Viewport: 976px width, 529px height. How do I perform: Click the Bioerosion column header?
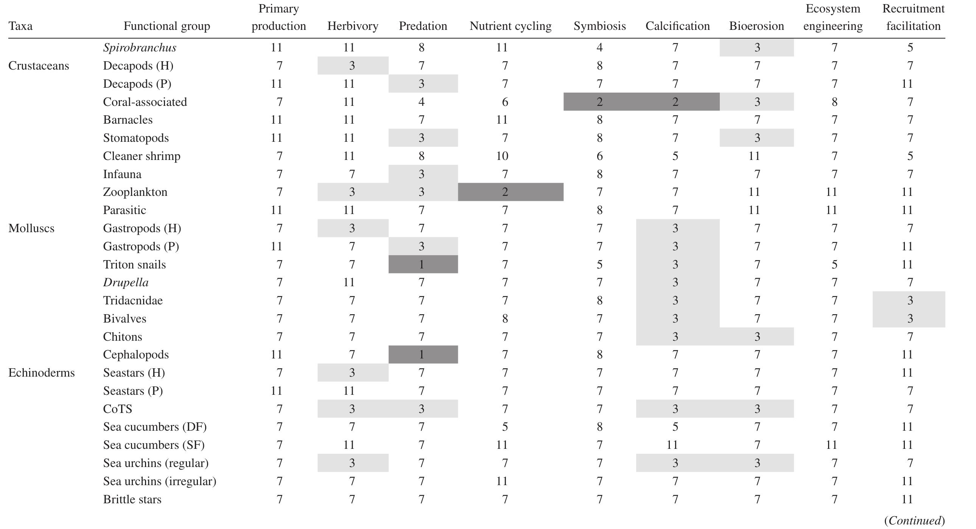756,26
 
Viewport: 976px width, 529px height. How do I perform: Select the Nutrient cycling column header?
511,26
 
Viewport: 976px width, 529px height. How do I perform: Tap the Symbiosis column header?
599,26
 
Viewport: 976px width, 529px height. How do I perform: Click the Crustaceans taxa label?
39,65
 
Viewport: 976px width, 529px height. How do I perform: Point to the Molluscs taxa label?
31,228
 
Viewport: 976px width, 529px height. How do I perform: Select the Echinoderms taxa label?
42,372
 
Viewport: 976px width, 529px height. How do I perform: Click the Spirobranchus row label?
139,47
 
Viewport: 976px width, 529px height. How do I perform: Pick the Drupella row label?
126,282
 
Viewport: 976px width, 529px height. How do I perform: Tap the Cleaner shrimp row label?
142,156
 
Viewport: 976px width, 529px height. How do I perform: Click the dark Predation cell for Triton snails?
423,264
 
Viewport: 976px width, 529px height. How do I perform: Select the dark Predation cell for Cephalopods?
423,354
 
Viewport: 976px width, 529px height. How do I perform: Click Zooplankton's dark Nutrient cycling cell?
511,192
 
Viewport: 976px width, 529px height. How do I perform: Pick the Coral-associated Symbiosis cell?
599,101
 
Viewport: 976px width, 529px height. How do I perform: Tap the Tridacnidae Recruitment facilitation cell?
909,300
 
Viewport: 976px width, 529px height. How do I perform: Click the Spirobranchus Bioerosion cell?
757,47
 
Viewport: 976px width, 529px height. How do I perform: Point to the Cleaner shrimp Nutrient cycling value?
503,156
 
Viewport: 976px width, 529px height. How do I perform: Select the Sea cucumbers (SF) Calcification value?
672,445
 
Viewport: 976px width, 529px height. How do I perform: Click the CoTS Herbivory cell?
352,409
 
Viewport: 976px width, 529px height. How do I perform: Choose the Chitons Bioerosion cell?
757,337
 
